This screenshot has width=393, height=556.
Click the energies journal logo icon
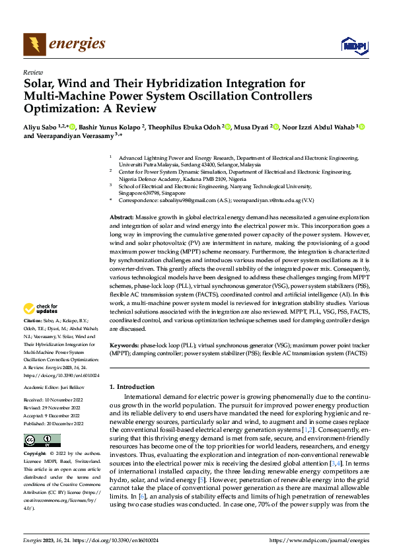pyautogui.click(x=34, y=44)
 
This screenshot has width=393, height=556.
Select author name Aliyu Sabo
pyautogui.click(x=40, y=127)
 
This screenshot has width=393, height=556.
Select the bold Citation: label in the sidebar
pyautogui.click(x=34, y=321)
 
